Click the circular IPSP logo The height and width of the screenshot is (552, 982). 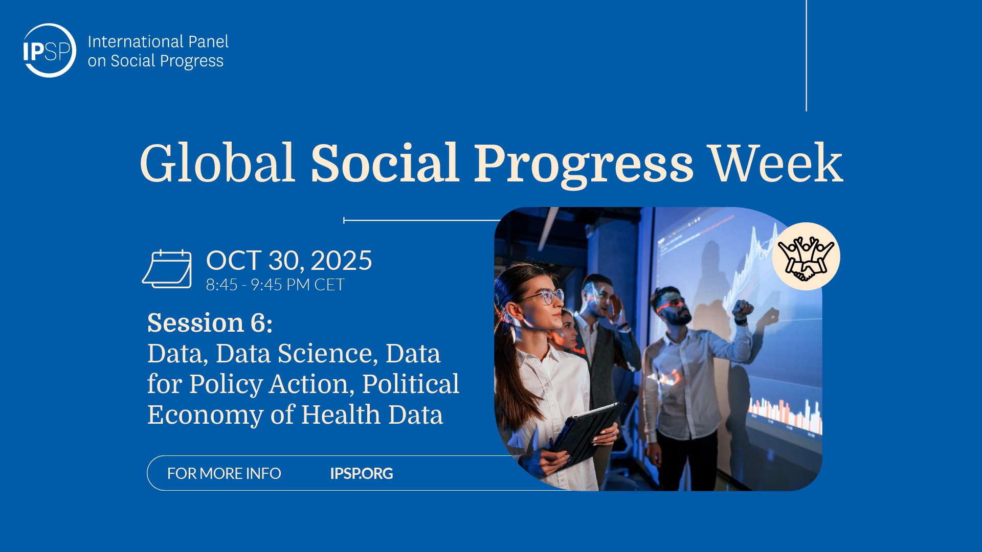pos(50,51)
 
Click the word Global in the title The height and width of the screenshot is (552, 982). pos(217,164)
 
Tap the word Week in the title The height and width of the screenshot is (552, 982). pos(776,164)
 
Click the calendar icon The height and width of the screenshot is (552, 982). pos(167,269)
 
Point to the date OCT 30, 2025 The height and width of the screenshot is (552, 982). pos(289,261)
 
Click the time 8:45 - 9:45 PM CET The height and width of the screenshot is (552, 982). pos(275,285)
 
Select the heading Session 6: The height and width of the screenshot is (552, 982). pos(210,323)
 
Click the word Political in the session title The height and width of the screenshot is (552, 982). pos(411,384)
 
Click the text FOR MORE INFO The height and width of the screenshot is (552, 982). pos(224,473)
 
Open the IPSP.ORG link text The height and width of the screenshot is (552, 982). pos(362,473)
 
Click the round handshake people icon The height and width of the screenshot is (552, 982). pos(806,257)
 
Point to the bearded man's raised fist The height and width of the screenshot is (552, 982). pos(743,308)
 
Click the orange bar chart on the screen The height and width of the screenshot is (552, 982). pos(785,415)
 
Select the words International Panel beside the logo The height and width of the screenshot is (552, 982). pos(158,41)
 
